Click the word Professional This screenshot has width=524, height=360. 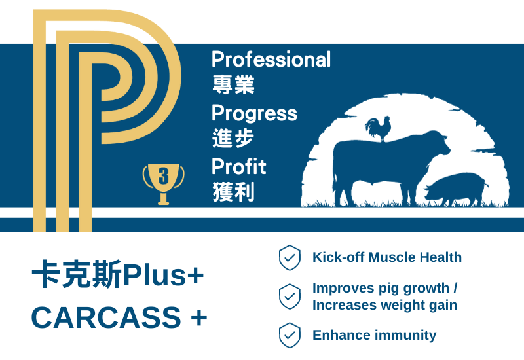click(271, 60)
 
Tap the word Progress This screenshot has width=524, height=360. click(254, 114)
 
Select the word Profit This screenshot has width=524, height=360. click(238, 166)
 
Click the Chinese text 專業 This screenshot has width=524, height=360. click(233, 84)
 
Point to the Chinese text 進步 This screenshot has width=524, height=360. click(233, 138)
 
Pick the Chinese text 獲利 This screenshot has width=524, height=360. click(233, 192)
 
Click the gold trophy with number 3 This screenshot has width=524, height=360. click(163, 184)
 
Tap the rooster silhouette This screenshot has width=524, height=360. click(379, 128)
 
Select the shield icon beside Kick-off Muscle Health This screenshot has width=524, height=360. click(290, 257)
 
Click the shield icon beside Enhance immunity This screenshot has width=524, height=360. click(290, 335)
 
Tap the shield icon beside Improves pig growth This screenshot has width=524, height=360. click(290, 297)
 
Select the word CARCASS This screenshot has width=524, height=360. click(106, 317)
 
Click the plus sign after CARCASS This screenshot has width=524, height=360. click(199, 318)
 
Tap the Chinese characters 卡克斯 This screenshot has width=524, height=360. click(77, 274)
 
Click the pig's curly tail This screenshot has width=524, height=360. click(486, 183)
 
